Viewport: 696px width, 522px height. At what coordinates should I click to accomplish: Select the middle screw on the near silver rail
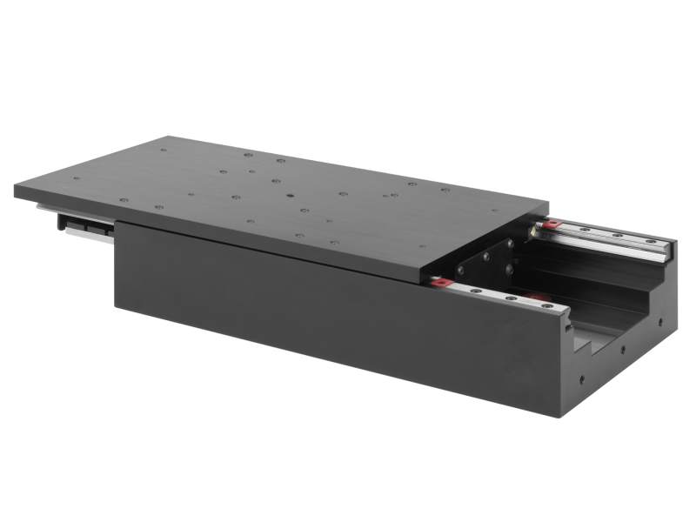click(510, 298)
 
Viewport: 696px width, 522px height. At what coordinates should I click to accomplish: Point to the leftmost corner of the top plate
click(16, 192)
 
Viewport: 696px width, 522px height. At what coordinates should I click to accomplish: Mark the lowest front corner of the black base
click(557, 416)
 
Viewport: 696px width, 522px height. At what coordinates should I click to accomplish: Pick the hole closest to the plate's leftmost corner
click(75, 179)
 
